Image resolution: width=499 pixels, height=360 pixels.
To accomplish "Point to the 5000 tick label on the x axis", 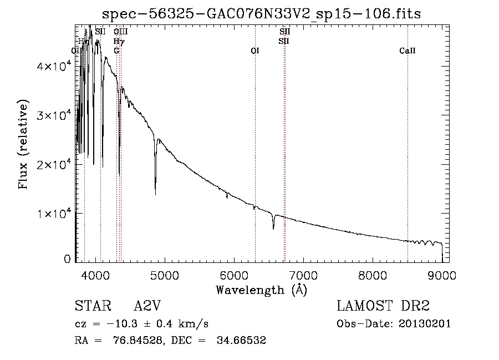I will [165, 275].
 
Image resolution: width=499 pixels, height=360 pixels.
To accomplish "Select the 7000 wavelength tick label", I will [303, 275].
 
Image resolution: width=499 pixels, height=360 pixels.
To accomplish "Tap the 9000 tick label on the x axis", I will [442, 275].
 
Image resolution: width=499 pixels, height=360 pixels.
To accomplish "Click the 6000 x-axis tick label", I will [234, 275].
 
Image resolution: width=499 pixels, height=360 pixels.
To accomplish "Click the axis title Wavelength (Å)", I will [261, 290].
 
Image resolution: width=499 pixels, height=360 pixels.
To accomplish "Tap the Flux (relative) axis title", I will [23, 144].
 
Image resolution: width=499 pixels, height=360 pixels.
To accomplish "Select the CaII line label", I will [408, 51].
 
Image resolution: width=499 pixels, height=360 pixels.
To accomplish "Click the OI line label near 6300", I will [255, 51].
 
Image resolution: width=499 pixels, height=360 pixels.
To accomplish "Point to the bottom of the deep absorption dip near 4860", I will [155, 194].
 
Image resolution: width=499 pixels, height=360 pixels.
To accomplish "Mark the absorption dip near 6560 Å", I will [273, 228].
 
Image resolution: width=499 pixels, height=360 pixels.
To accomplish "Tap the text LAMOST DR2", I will [384, 306].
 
